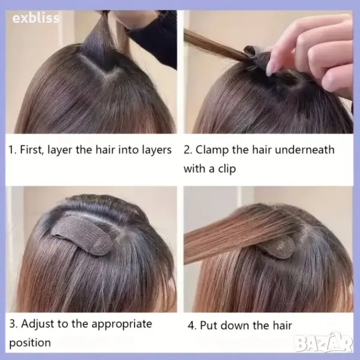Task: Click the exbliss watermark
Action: [x=35, y=18]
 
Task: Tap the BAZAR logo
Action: [x=324, y=343]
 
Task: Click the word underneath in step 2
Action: [x=304, y=149]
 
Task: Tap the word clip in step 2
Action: [x=227, y=169]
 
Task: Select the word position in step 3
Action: [x=30, y=343]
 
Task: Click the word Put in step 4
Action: [x=208, y=326]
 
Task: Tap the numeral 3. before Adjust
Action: [x=14, y=324]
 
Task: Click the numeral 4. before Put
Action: [x=192, y=326]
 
